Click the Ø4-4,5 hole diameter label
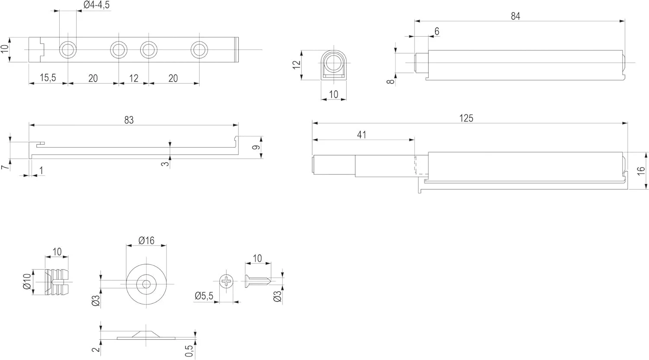96,5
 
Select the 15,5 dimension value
48,78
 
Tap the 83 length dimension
129,120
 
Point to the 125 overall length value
466,118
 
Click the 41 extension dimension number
362,135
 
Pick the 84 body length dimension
515,16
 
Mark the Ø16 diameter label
146,240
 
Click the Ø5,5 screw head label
204,296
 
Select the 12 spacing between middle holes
134,78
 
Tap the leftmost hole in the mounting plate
67,50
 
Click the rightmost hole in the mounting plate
199,50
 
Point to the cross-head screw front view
227,282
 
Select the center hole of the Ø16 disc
146,284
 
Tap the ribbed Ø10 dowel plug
57,282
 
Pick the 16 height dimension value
641,170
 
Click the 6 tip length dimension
437,31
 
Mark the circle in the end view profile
333,61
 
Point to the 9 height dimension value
256,147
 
